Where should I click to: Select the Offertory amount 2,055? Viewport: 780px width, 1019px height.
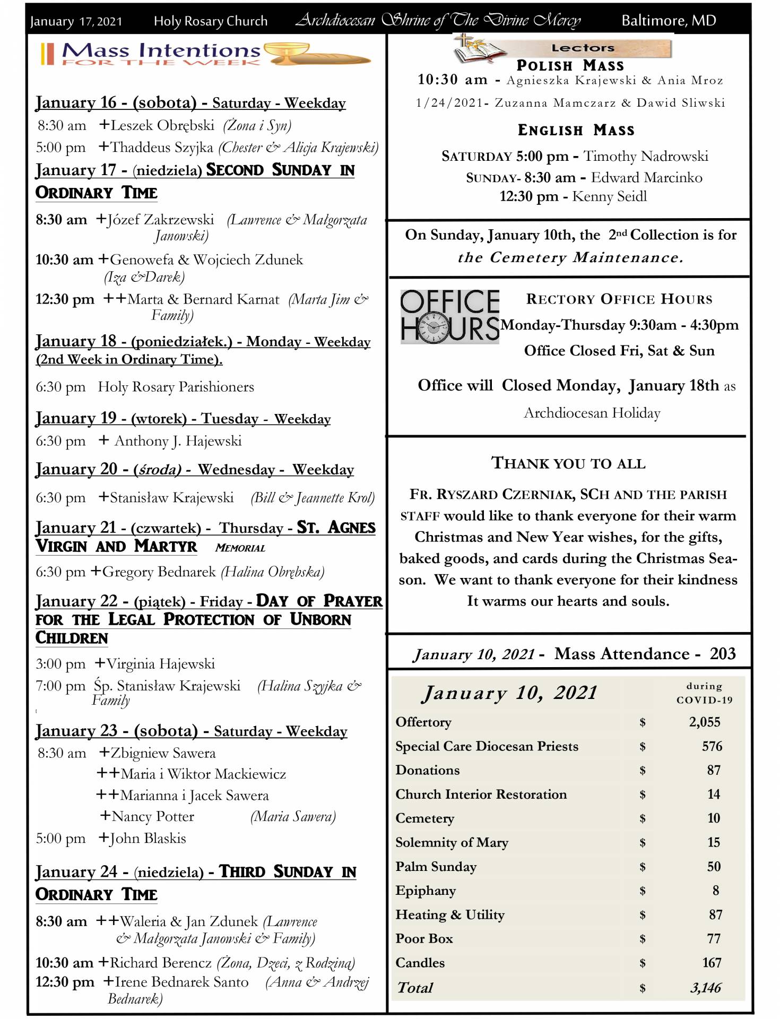tap(704, 722)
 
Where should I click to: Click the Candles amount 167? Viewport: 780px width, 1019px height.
tap(711, 963)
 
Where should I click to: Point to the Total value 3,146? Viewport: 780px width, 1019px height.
tap(705, 988)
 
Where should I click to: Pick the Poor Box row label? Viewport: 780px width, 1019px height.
tap(424, 938)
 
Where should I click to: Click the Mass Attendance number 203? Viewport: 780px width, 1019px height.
tap(723, 653)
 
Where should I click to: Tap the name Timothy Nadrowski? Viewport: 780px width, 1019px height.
tap(646, 156)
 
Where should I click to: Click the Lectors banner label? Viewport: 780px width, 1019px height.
tap(583, 48)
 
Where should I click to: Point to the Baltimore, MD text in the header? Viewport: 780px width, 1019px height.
tap(669, 21)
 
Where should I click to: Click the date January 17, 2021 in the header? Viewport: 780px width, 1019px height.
tap(76, 21)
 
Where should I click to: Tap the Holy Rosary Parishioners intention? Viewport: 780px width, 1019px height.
tap(176, 387)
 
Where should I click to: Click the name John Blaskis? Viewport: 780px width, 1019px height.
tap(148, 838)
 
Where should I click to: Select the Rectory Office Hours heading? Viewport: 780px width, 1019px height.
tap(619, 299)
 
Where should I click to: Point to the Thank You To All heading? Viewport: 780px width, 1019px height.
tap(568, 463)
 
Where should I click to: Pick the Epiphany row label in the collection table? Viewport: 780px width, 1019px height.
tap(426, 891)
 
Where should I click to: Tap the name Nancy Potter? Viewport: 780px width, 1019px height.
tap(153, 816)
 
